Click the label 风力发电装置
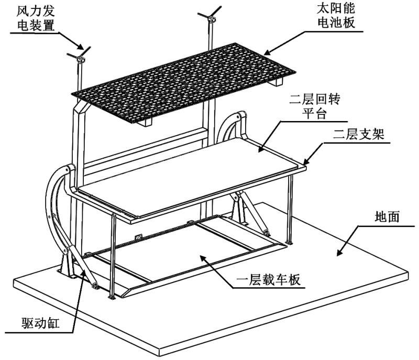pyautogui.click(x=36, y=18)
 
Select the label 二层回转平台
pyautogui.click(x=315, y=106)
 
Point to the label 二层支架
pyautogui.click(x=359, y=134)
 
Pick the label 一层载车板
pyautogui.click(x=268, y=280)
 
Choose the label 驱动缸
pyautogui.click(x=40, y=323)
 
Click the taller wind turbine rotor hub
pyautogui.click(x=211, y=19)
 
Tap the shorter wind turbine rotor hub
pyautogui.click(x=80, y=59)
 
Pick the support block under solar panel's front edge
pyautogui.click(x=146, y=122)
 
